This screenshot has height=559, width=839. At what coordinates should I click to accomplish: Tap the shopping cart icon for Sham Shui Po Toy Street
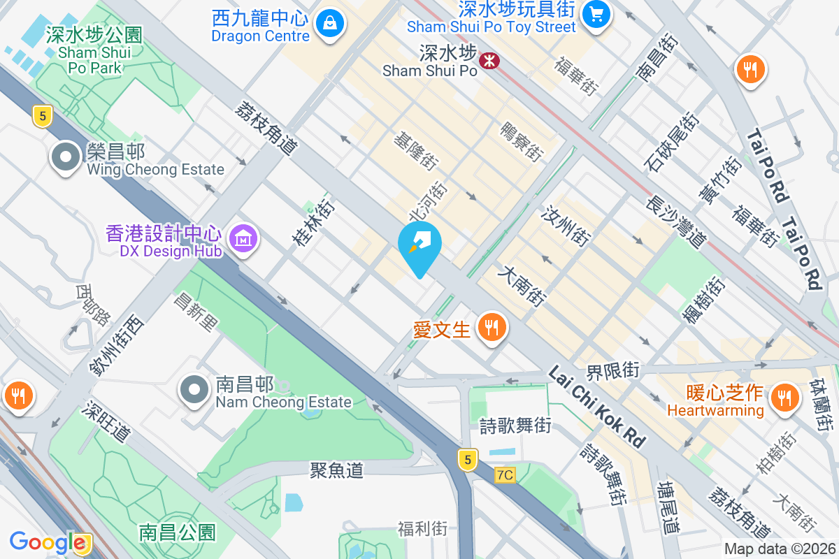pyautogui.click(x=596, y=13)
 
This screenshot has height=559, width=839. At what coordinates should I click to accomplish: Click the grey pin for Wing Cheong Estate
pyautogui.click(x=66, y=158)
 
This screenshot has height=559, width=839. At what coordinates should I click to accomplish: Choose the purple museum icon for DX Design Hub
pyautogui.click(x=243, y=240)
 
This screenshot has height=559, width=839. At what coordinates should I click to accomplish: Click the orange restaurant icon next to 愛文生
pyautogui.click(x=492, y=326)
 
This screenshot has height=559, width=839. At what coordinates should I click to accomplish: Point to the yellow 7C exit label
pyautogui.click(x=505, y=475)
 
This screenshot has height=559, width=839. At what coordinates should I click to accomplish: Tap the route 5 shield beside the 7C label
pyautogui.click(x=468, y=459)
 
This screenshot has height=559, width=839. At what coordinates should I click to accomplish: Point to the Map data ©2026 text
pyautogui.click(x=780, y=549)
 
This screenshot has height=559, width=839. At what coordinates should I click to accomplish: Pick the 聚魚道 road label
pyautogui.click(x=337, y=470)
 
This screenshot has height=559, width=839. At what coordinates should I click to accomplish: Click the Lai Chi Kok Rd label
pyautogui.click(x=596, y=407)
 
